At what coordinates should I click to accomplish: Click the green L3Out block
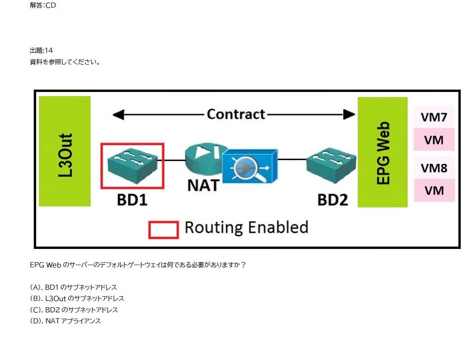[x=65, y=151]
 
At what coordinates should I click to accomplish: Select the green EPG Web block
[x=382, y=152]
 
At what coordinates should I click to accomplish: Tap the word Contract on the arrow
[x=236, y=114]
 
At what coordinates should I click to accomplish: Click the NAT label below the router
[x=203, y=185]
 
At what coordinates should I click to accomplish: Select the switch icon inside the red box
[x=132, y=165]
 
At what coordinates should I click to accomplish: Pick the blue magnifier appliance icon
[x=250, y=166]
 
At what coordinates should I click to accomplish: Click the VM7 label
[x=434, y=117]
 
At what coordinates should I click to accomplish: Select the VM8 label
[x=434, y=168]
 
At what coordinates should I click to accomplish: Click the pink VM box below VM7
[x=434, y=140]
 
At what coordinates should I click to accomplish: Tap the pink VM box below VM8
[x=434, y=190]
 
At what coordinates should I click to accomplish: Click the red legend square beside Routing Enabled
[x=163, y=229]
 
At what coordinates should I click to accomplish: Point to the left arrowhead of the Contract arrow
[x=118, y=114]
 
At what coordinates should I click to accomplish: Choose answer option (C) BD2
[x=74, y=310]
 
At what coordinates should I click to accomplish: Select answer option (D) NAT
[x=66, y=321]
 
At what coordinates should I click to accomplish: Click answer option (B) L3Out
[x=77, y=298]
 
